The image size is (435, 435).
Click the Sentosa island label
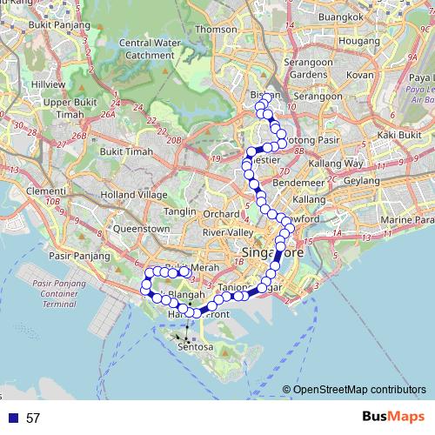click(x=195, y=346)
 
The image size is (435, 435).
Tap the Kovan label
click(x=360, y=75)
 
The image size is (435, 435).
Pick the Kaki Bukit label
click(x=398, y=135)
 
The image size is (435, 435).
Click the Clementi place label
click(x=40, y=191)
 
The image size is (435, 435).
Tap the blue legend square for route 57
click(x=13, y=418)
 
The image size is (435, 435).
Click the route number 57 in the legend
click(x=33, y=418)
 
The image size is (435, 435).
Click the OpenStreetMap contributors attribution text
click(x=359, y=389)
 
